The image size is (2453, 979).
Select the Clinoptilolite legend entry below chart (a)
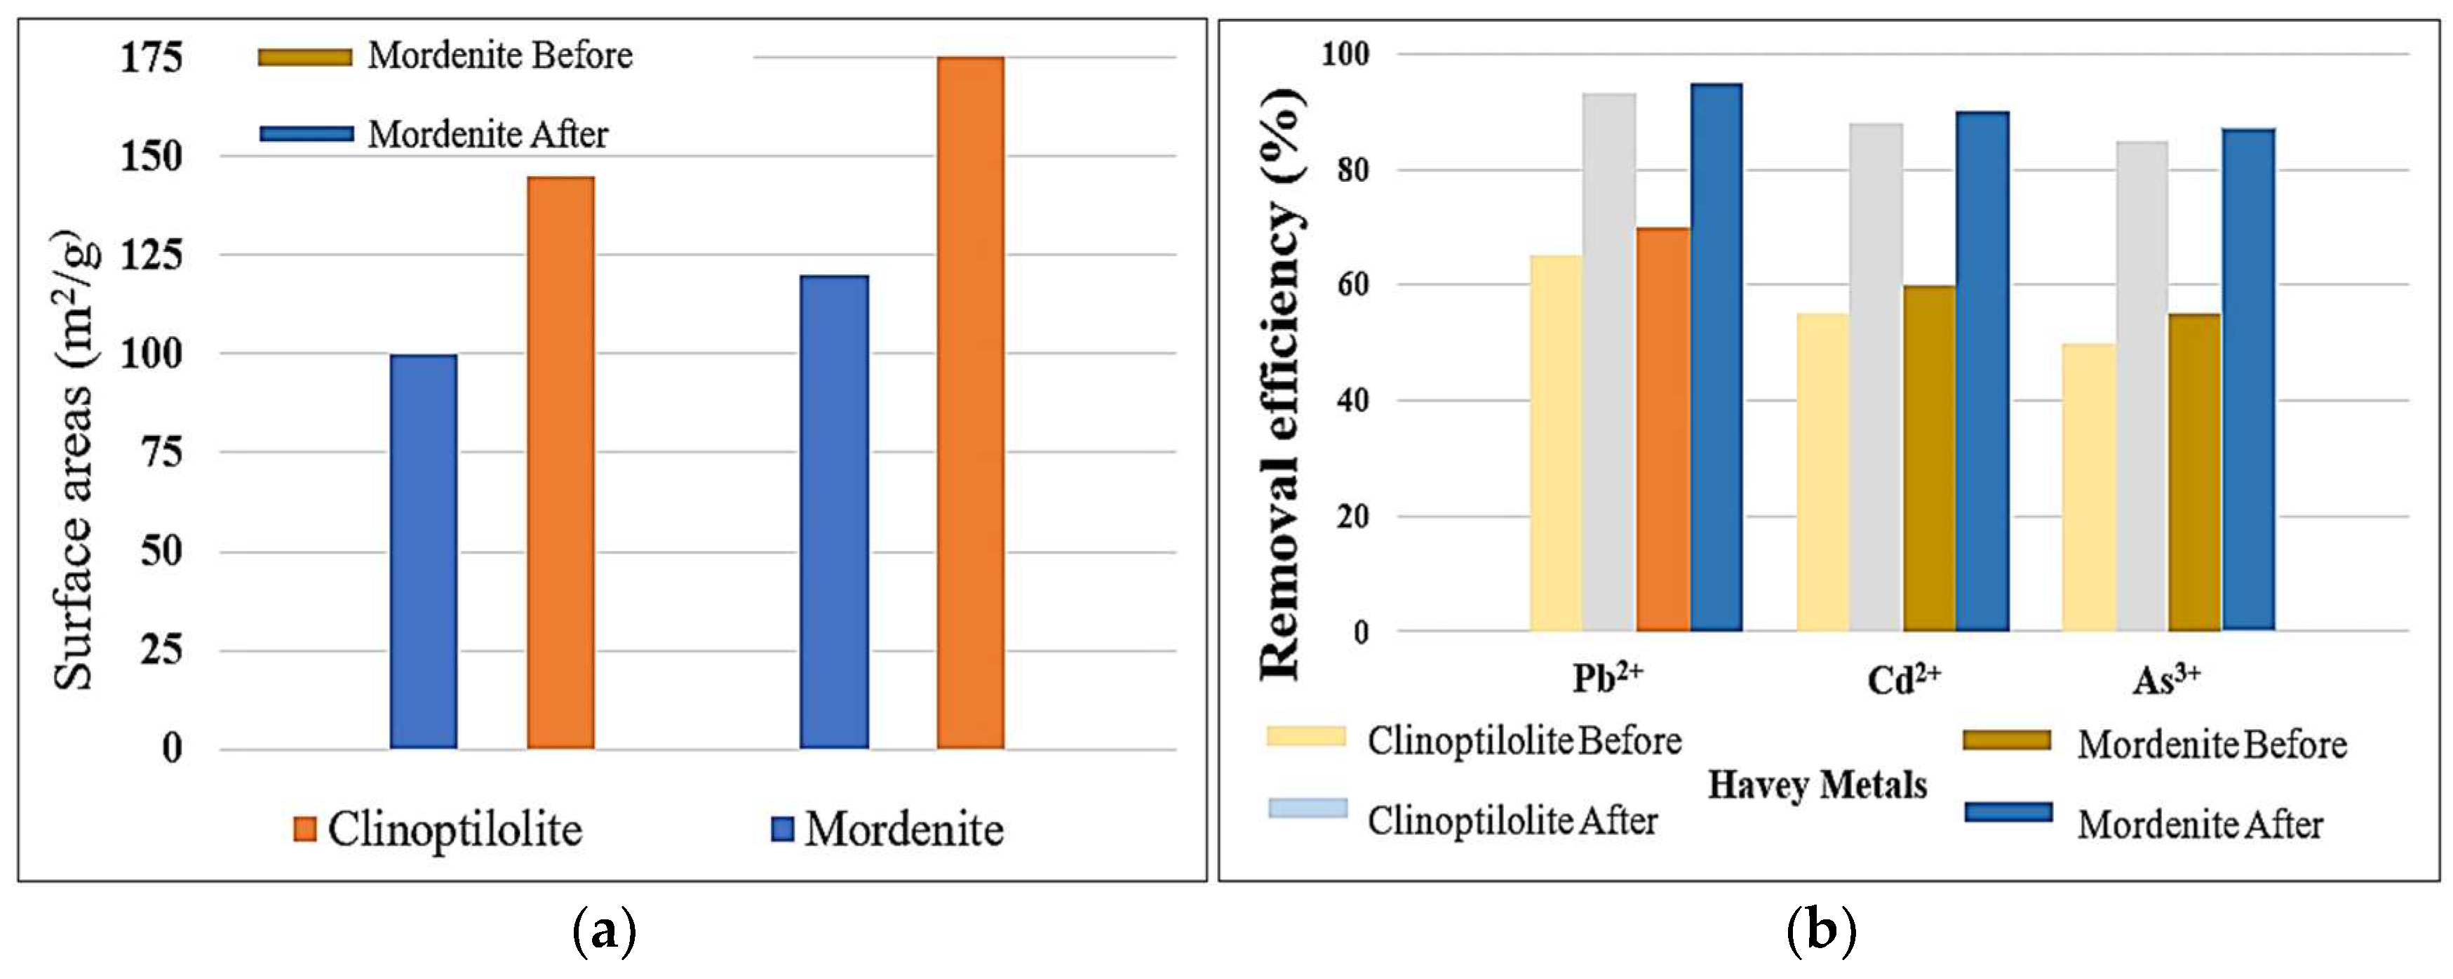pyautogui.click(x=438, y=829)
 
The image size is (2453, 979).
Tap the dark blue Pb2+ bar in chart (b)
pyautogui.click(x=1716, y=357)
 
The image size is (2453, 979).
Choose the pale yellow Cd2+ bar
pyautogui.click(x=1822, y=472)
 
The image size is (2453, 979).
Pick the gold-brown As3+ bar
pyautogui.click(x=2194, y=472)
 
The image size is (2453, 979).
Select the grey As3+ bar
pyautogui.click(x=2142, y=386)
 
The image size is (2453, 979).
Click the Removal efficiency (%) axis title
pyautogui.click(x=1281, y=381)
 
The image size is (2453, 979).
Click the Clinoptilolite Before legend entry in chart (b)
pyautogui.click(x=1474, y=740)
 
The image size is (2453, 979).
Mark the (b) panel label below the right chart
pyautogui.click(x=1821, y=931)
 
